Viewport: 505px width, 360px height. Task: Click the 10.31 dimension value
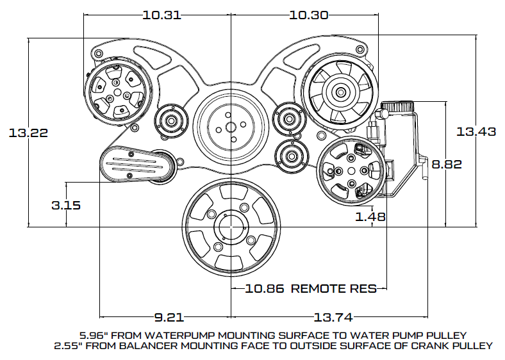[x=161, y=15]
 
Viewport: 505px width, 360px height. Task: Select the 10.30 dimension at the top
[x=308, y=15]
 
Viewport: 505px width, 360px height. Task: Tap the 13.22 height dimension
[x=28, y=133]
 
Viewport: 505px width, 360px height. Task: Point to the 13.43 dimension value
[x=476, y=131]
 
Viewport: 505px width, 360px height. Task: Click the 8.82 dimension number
[x=447, y=164]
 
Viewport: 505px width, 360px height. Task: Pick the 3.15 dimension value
[x=66, y=205]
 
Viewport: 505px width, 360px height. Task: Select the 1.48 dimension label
[x=370, y=217]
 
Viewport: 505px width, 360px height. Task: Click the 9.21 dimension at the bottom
[x=169, y=318]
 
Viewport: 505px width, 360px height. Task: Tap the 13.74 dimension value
[x=333, y=318]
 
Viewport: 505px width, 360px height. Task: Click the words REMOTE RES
[x=334, y=288]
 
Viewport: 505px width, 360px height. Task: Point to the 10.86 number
[x=265, y=288]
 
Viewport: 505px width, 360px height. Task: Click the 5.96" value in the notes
[x=92, y=336]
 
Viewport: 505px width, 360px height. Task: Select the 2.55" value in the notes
[x=67, y=346]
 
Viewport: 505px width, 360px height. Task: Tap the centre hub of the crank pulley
[x=231, y=227]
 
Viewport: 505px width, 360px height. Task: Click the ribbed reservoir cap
[x=397, y=106]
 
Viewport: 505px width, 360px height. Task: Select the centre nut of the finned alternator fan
[x=340, y=92]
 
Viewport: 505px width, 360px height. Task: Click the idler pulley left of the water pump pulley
[x=170, y=121]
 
